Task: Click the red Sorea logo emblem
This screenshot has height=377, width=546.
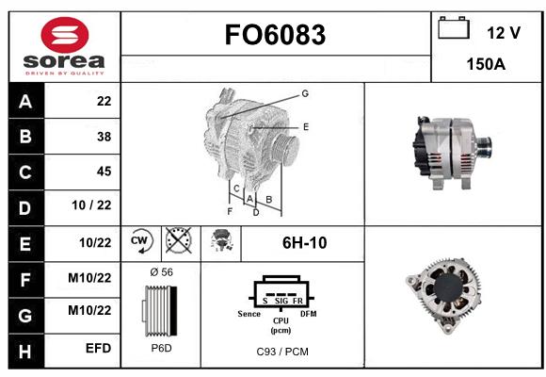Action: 65,35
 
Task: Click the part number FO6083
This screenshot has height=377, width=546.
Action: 275,35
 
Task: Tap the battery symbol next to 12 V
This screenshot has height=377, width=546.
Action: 454,27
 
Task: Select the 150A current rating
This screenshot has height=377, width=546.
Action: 486,64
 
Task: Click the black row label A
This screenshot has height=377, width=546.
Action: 25,102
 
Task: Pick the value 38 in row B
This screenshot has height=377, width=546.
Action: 104,137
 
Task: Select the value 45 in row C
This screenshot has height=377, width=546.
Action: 104,172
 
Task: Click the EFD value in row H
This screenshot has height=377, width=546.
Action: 99,348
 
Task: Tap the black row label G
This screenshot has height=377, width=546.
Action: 25,316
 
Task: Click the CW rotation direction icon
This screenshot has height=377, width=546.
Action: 140,241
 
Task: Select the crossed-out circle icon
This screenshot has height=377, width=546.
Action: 179,240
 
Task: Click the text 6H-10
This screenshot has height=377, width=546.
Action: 304,243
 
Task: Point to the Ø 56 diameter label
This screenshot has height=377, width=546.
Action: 162,272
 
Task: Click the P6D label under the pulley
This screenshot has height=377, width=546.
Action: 161,348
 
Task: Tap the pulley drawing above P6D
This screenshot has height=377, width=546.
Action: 160,311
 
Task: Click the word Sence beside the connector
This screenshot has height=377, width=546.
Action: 249,314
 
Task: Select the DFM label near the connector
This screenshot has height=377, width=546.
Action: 309,314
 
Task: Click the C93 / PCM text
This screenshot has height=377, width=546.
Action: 282,352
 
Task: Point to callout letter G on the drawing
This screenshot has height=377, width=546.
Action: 305,93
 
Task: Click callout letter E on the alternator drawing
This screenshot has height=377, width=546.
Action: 306,127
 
